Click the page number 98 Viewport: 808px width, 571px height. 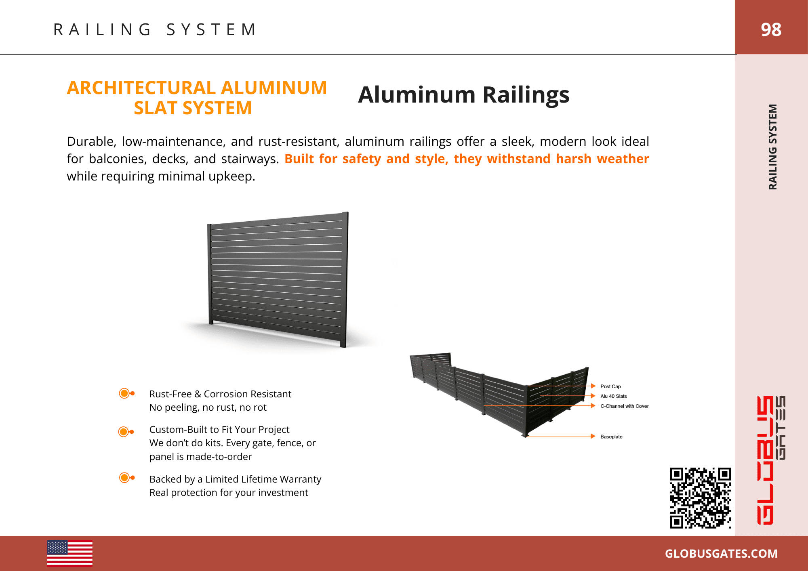[x=771, y=29]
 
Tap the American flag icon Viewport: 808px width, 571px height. [x=69, y=553]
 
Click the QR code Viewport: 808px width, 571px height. [x=700, y=498]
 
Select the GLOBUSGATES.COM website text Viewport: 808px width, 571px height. [x=721, y=554]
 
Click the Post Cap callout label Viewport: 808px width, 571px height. [x=610, y=386]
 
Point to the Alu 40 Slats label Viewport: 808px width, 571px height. [x=613, y=396]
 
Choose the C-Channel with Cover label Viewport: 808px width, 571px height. [x=624, y=406]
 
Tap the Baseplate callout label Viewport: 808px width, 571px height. [x=611, y=437]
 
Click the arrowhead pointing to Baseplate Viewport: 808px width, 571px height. [x=593, y=436]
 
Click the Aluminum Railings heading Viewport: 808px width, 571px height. [x=463, y=95]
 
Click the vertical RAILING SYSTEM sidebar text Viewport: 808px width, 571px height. [x=772, y=147]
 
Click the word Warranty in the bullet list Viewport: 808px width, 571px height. [x=300, y=479]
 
